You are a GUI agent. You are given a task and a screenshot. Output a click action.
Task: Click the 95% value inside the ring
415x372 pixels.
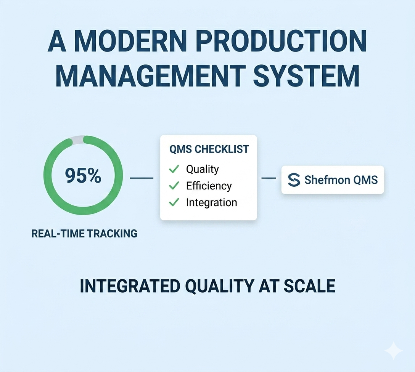point(83,176)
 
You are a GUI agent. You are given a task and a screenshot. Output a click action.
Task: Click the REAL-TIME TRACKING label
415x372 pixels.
point(84,234)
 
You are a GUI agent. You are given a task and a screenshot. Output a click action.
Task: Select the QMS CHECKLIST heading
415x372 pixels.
point(209,149)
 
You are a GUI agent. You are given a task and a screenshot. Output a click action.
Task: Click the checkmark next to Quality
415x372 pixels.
point(174,169)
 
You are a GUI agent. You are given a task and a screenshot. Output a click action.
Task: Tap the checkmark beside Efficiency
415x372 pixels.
point(174,186)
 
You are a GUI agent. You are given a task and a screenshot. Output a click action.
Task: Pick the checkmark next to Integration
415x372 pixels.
point(174,202)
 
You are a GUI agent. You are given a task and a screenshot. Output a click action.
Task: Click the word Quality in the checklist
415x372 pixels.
point(203,170)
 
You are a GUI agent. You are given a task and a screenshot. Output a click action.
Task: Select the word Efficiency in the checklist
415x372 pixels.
point(209,186)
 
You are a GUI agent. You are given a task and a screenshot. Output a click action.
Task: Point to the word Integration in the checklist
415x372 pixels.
point(211,203)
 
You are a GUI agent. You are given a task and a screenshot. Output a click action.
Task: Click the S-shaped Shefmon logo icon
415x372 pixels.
point(294,180)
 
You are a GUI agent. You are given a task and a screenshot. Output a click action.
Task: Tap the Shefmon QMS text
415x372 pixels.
point(341,180)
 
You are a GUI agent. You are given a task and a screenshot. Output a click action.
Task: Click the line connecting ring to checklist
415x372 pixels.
point(142,178)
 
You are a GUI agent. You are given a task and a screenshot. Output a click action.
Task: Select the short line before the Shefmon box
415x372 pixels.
point(269,178)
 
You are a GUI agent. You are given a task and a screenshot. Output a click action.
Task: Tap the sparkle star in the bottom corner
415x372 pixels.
point(394,351)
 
